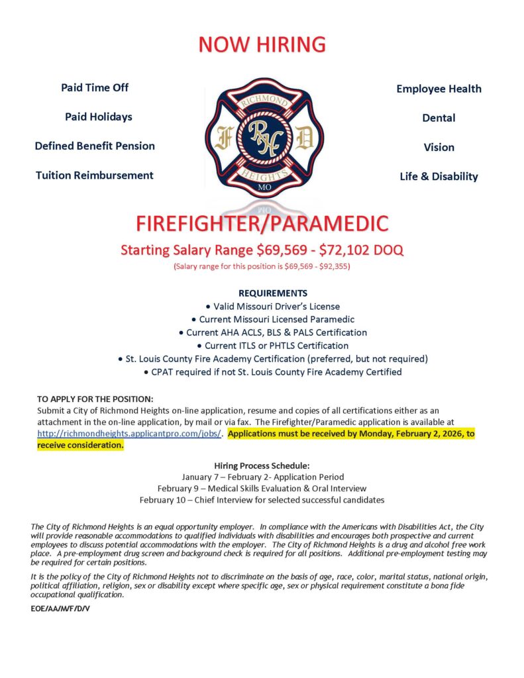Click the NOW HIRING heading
[262, 44]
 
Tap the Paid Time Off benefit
[95, 87]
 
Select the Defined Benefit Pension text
[95, 146]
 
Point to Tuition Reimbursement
[95, 175]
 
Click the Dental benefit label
[439, 118]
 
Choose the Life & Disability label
[439, 176]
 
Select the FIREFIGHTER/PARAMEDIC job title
[262, 223]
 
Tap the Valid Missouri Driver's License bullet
[272, 306]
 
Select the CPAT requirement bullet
[272, 372]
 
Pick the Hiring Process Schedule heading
[262, 465]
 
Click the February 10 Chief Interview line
[262, 499]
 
